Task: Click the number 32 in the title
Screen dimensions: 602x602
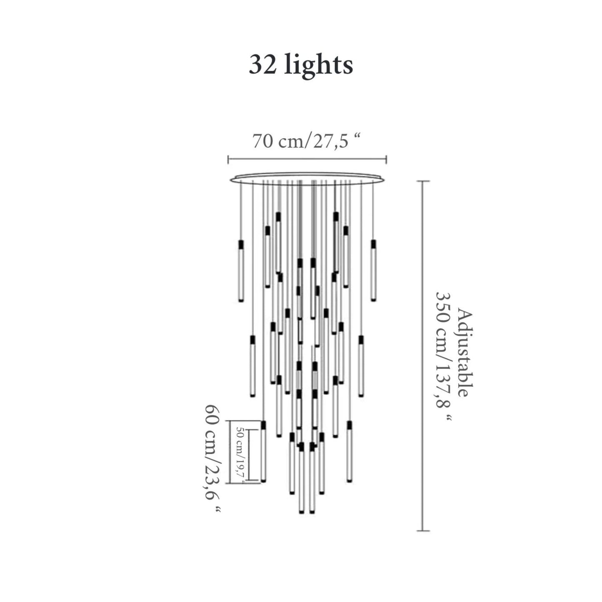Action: click(x=263, y=65)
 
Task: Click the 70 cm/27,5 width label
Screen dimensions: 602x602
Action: click(x=306, y=142)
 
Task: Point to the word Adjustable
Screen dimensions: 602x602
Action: click(x=465, y=352)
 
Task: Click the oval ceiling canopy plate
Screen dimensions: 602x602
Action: click(x=307, y=178)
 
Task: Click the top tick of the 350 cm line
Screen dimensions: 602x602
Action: click(x=423, y=181)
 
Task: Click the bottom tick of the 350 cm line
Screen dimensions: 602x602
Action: click(x=423, y=531)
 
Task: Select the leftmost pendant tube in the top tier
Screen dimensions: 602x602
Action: click(x=241, y=271)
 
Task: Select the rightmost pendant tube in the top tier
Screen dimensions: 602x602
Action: click(x=374, y=271)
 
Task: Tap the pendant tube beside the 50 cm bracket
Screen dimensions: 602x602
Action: click(x=263, y=452)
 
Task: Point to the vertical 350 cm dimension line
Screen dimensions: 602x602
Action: click(x=423, y=354)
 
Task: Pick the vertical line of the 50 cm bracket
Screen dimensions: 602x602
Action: click(x=249, y=454)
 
